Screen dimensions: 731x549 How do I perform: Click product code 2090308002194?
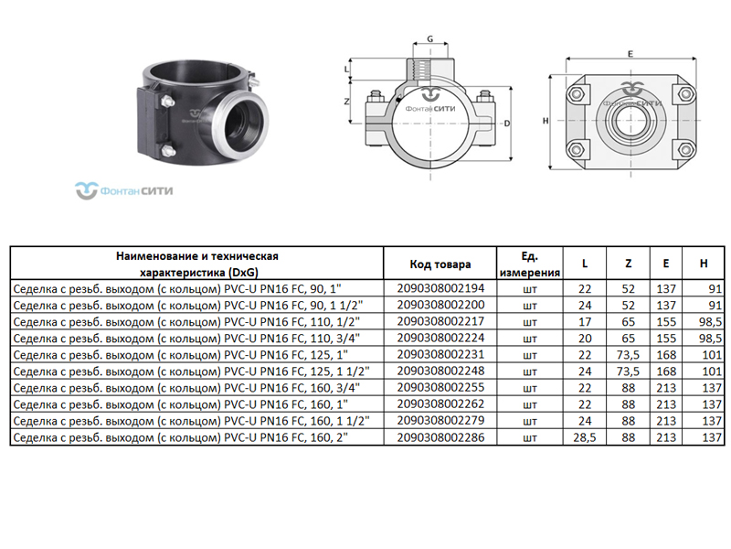tap(440, 288)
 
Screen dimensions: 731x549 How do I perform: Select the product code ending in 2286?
tap(440, 437)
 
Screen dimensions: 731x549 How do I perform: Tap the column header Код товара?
tap(440, 264)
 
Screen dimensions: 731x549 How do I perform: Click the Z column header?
tap(628, 264)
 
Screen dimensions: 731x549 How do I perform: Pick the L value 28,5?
tap(585, 437)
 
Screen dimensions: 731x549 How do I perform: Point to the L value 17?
tap(585, 322)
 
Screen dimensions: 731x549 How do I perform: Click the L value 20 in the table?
tap(585, 338)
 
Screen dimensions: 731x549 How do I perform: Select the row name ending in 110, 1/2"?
tap(186, 322)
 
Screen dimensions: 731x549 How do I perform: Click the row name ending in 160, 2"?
tap(180, 438)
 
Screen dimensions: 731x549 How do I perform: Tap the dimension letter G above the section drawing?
tap(429, 38)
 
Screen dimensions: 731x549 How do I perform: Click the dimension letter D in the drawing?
tap(507, 124)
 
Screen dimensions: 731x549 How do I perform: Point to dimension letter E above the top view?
tap(630, 54)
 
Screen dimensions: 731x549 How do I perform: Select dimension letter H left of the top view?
tap(546, 121)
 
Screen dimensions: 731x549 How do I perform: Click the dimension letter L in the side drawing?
tap(346, 70)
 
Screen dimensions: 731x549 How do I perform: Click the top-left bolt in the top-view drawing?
tap(577, 94)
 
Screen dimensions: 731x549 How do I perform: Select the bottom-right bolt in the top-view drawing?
tap(685, 150)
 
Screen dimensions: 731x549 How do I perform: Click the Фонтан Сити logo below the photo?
tap(124, 190)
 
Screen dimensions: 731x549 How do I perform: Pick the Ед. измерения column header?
tap(530, 264)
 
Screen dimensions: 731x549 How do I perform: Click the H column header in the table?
tap(704, 264)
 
